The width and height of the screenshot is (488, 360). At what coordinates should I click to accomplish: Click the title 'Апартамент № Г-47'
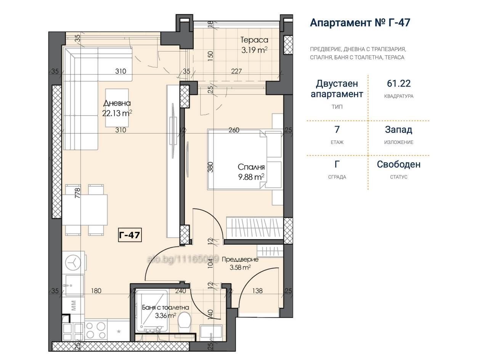(360, 22)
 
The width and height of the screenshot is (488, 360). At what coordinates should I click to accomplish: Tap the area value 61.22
(399, 84)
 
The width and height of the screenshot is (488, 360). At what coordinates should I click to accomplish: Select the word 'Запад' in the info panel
(398, 130)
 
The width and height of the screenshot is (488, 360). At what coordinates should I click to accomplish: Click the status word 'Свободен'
(399, 164)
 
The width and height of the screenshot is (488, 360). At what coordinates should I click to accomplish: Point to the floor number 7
(337, 130)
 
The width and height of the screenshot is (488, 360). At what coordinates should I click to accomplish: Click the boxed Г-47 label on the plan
(130, 235)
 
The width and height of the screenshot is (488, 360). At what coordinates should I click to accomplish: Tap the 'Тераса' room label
(254, 40)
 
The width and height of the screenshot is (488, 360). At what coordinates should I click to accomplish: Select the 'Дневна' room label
(117, 103)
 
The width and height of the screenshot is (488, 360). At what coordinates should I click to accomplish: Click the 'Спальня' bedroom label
(251, 167)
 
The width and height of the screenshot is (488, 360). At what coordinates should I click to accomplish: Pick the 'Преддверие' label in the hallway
(240, 259)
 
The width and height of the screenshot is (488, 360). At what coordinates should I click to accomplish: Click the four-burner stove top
(96, 331)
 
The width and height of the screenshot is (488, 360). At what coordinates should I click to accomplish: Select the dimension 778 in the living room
(77, 193)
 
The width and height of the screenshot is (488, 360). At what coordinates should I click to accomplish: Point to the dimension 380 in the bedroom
(210, 167)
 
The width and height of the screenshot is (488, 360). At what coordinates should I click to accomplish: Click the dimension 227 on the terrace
(236, 71)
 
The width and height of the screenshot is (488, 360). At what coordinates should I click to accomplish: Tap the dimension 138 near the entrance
(257, 291)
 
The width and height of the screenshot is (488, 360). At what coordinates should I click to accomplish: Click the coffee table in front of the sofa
(117, 108)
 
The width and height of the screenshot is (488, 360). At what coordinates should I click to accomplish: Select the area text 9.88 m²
(251, 177)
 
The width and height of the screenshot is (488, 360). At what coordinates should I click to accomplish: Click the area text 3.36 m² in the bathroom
(165, 315)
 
